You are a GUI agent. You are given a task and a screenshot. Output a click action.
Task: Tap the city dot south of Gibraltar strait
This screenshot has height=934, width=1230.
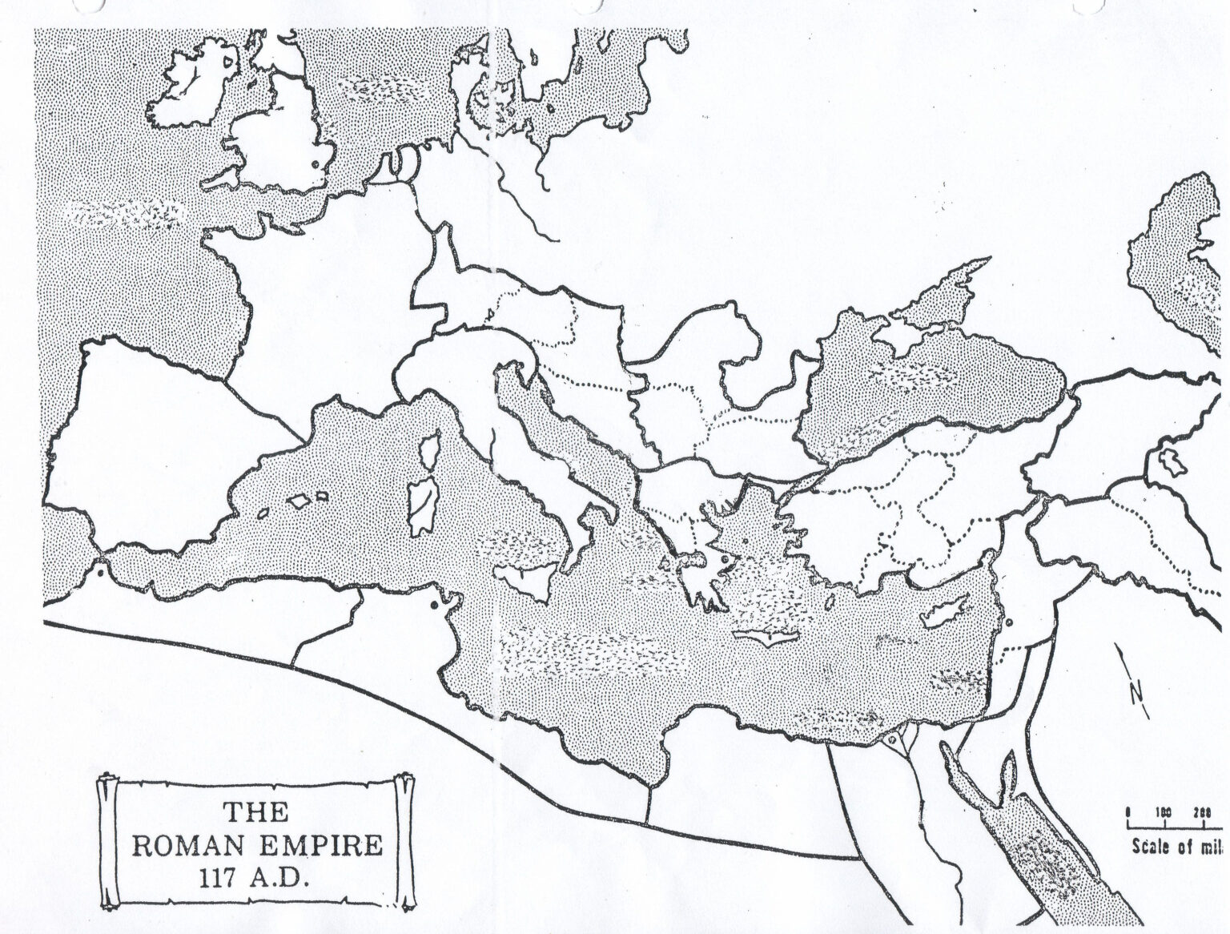(x=99, y=572)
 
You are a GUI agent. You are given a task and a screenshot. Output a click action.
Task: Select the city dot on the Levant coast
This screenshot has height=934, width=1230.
(x=1008, y=622)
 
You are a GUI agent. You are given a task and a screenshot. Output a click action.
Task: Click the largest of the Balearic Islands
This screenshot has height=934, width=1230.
(x=299, y=500)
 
